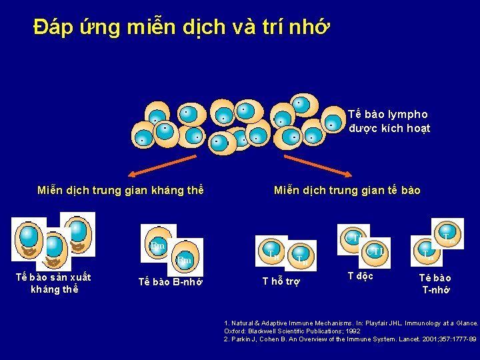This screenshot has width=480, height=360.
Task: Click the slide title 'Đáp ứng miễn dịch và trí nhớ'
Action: pyautogui.click(x=180, y=27)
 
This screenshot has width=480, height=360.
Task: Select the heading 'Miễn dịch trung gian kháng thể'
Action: pyautogui.click(x=120, y=191)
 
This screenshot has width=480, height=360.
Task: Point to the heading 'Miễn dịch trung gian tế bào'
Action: pyautogui.click(x=347, y=191)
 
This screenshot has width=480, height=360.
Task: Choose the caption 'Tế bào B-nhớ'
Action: pyautogui.click(x=170, y=281)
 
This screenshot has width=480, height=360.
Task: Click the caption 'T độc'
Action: pyautogui.click(x=361, y=276)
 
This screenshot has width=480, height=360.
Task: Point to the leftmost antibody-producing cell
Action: pyautogui.click(x=29, y=237)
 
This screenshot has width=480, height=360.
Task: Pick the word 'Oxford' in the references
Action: pyautogui.click(x=235, y=331)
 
